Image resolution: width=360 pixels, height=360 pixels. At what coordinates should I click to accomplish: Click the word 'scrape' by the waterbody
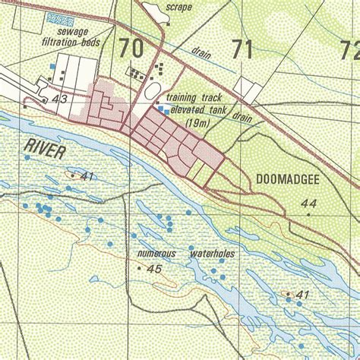click(x=178, y=8)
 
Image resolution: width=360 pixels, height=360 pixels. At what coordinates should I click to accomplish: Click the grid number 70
click(x=131, y=49)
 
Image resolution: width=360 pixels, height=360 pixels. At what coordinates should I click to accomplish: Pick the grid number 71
click(x=242, y=50)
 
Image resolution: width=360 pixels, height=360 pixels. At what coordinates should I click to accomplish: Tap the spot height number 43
click(x=60, y=99)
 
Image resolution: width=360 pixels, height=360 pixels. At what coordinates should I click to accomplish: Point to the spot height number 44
click(x=308, y=203)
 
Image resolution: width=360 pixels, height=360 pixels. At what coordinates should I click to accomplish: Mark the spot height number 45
click(x=155, y=269)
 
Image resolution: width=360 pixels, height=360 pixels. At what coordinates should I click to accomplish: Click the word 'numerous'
click(x=156, y=253)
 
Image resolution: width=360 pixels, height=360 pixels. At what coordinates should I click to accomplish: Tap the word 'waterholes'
click(x=212, y=253)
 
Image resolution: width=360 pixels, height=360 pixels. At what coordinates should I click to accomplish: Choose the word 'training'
click(x=183, y=98)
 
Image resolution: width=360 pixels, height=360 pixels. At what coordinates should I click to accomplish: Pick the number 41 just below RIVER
click(x=86, y=176)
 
